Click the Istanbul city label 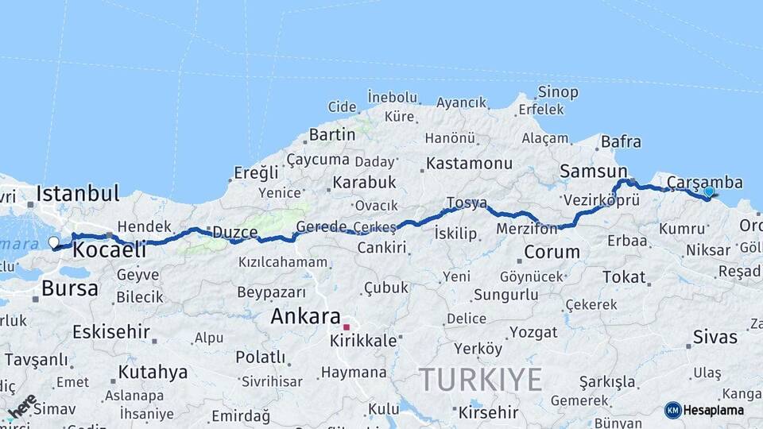point(77,193)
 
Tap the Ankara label point(305,316)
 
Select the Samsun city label point(593,172)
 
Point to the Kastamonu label point(469,164)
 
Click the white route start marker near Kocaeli point(53,242)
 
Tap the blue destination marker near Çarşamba point(709,191)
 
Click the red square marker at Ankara point(346,327)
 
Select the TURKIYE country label point(480,379)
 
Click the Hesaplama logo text point(714,410)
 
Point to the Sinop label point(557,92)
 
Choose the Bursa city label point(70,288)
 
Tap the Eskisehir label point(111,331)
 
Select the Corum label point(552,253)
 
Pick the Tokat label point(624,276)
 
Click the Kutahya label point(153,372)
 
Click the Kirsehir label point(488,412)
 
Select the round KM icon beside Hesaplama point(672,410)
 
